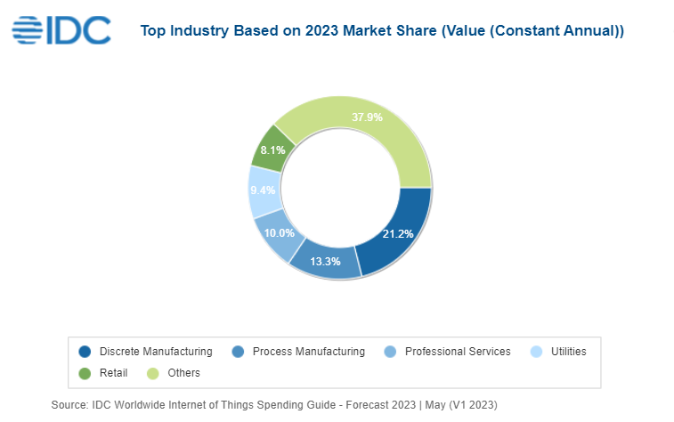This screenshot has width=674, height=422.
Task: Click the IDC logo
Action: click(61, 29)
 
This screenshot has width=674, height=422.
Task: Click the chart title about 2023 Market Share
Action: click(382, 31)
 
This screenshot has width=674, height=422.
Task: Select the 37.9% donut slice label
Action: click(367, 118)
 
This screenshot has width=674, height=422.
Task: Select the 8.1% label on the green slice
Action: click(272, 150)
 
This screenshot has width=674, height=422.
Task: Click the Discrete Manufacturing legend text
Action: click(156, 352)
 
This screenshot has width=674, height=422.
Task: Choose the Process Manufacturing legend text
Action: click(308, 352)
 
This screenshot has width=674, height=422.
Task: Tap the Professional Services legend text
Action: click(458, 352)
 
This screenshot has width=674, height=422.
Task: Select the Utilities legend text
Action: click(567, 352)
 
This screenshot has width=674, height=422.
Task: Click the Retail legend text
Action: click(113, 373)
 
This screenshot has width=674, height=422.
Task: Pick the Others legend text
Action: click(183, 373)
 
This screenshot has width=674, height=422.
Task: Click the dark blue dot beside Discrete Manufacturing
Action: click(85, 352)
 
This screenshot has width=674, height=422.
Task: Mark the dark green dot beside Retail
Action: click(85, 373)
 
